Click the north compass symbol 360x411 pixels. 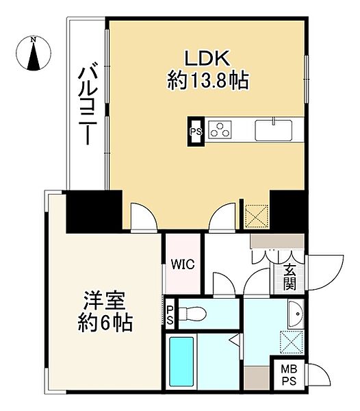34,53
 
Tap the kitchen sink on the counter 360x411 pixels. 274,129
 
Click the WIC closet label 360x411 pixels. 182,263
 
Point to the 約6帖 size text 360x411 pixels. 105,321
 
